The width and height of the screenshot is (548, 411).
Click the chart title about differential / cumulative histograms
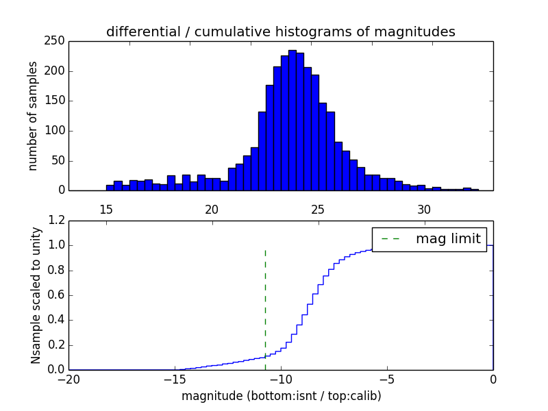(280, 32)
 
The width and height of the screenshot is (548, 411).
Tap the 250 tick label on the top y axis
(57, 41)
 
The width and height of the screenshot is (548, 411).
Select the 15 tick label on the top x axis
(105, 209)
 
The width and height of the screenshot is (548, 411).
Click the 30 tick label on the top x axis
(424, 209)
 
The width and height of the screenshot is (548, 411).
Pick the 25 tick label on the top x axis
(318, 209)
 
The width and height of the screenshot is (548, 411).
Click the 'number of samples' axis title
(33, 116)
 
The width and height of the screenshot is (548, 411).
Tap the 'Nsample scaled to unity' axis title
(36, 295)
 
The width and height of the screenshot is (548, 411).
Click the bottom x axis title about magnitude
(281, 396)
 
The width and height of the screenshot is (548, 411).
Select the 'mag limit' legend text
(448, 239)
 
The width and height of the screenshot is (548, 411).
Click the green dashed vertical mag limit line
(265, 308)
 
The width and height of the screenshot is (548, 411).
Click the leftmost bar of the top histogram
(110, 187)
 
